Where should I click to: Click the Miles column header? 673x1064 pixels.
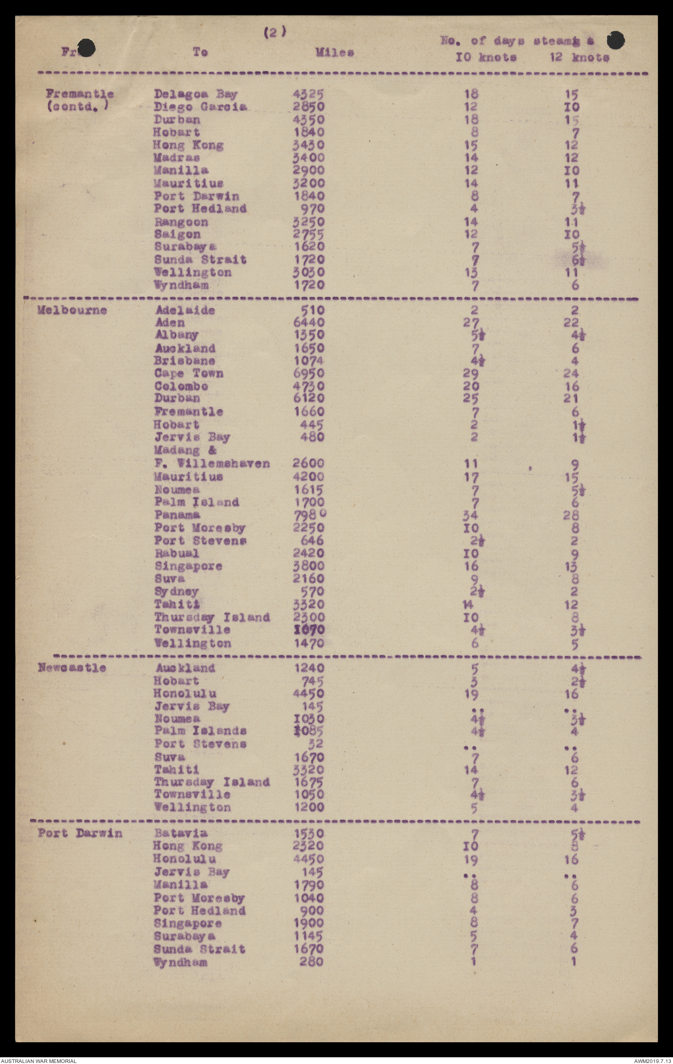pos(335,53)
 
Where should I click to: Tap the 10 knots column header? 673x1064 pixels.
pos(486,57)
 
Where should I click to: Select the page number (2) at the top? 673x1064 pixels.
pos(275,32)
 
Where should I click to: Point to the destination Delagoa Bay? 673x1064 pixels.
pos(196,94)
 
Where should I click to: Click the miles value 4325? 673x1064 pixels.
pos(309,94)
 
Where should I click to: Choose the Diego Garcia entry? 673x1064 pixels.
pos(200,107)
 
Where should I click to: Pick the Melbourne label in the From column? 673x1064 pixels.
pos(72,310)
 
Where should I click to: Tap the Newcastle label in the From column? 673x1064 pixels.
pos(72,668)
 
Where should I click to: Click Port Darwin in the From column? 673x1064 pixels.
pos(80,833)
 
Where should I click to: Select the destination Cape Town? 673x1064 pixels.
pos(188,373)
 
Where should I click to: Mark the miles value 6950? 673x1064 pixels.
pos(309,373)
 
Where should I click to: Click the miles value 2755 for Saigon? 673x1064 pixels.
pos(309,234)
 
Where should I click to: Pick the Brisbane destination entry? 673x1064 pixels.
pos(184,361)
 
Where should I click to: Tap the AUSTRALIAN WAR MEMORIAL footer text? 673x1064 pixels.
pos(39,1060)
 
